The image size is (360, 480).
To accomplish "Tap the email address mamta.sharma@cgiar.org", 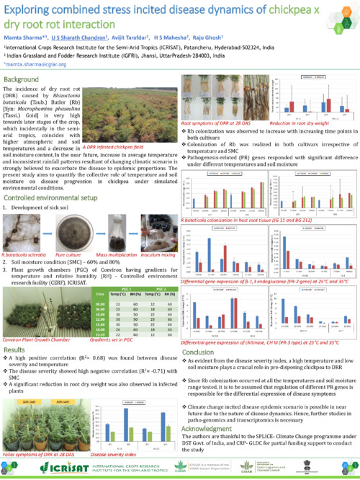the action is click(x=30, y=64).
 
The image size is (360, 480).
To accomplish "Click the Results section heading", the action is click(x=15, y=348).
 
